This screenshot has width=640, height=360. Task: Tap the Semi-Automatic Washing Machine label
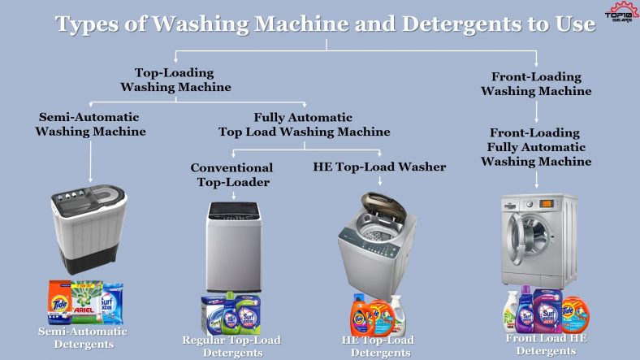tap(90, 124)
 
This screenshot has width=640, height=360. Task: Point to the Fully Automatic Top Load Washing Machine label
tap(304, 124)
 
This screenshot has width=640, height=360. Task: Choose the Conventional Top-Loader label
tap(231, 174)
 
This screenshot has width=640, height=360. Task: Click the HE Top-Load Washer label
tap(379, 167)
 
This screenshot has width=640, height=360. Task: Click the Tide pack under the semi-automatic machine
tap(58, 302)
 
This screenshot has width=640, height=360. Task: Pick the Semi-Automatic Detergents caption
tap(83, 337)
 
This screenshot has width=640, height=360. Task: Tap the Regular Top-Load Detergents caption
tap(231, 345)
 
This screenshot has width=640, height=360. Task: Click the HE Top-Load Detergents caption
tap(378, 345)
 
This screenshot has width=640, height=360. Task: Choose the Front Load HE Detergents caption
tap(541, 344)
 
